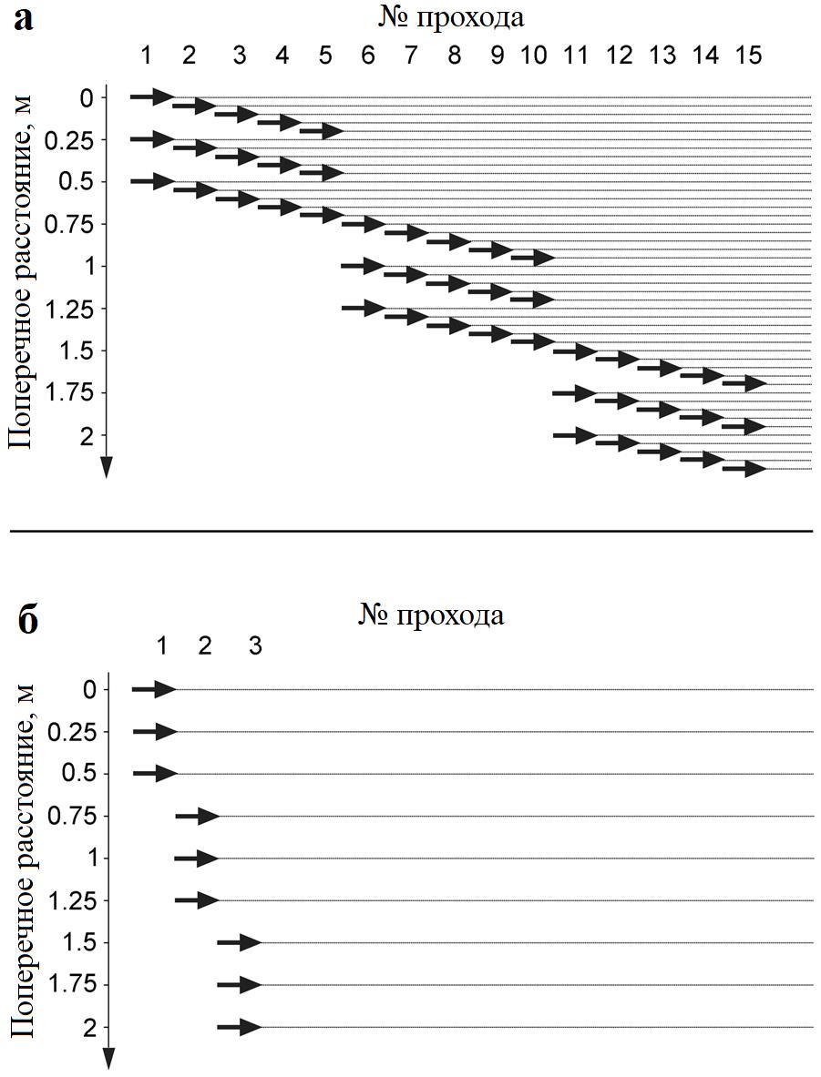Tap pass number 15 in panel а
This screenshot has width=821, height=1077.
point(748,56)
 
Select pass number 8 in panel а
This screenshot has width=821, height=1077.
point(454,56)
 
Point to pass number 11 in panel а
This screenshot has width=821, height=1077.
point(575,56)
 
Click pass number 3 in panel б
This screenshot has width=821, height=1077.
point(255,646)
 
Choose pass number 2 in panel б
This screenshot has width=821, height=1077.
point(204,646)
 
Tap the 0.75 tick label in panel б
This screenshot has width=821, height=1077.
point(76,817)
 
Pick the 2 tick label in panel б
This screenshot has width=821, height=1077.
point(89,1028)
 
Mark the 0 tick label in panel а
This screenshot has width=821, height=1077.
point(87,97)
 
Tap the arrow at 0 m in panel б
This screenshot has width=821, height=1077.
point(153,690)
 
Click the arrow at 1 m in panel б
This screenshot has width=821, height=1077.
point(196,859)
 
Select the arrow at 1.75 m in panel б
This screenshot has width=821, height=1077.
point(239,985)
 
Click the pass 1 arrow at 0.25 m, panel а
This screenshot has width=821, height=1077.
point(151,139)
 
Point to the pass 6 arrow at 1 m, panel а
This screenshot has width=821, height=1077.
point(363,266)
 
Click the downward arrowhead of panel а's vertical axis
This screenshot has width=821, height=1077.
point(106,467)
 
